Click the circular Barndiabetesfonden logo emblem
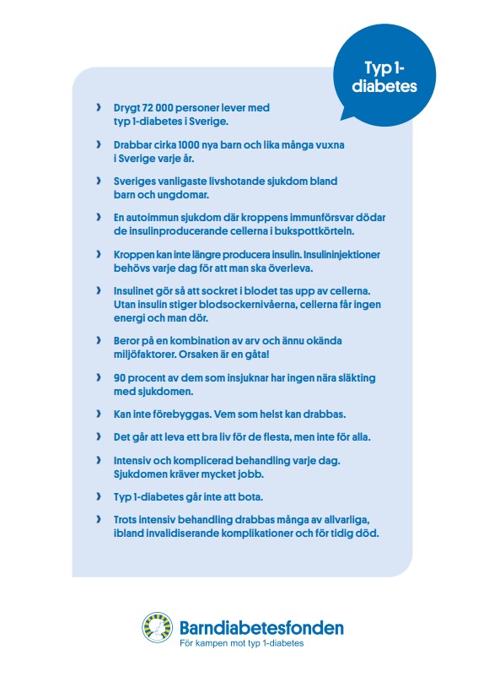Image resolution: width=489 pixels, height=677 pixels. [158, 629]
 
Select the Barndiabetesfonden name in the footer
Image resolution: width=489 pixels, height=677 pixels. [261, 627]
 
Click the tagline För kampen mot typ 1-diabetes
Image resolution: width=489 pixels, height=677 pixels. [242, 643]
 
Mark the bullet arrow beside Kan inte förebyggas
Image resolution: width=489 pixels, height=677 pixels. [99, 414]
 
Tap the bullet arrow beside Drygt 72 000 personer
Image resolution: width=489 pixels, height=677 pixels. [99, 109]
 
